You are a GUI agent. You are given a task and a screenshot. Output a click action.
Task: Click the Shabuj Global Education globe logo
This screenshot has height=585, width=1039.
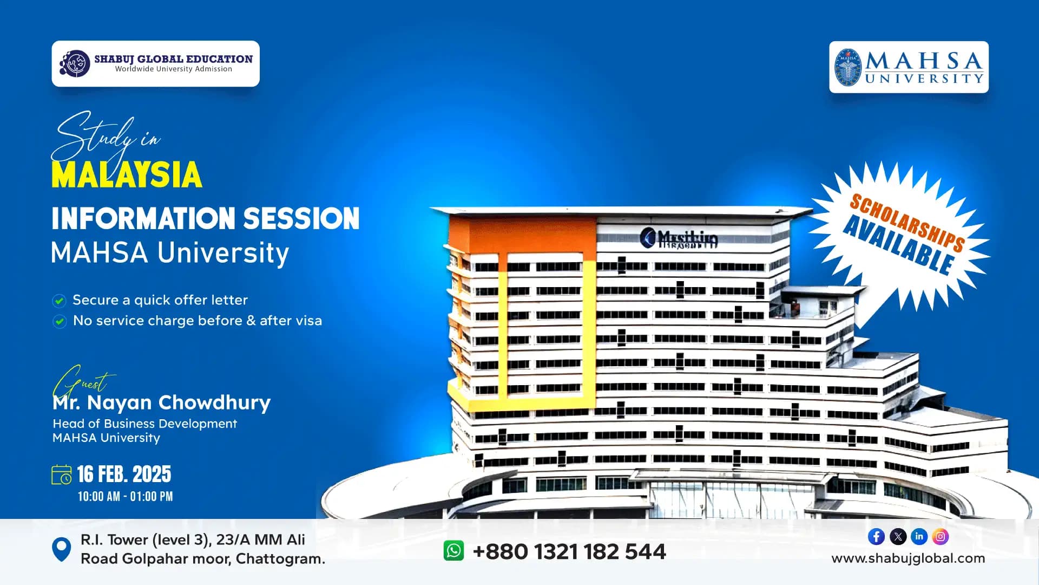coord(75,64)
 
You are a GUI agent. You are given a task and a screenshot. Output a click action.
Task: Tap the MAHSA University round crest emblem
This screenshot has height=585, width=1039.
coord(847,68)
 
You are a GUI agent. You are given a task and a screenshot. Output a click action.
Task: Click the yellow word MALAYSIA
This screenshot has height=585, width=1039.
coord(127,175)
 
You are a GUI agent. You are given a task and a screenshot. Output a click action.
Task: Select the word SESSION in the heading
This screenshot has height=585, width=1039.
coord(301,218)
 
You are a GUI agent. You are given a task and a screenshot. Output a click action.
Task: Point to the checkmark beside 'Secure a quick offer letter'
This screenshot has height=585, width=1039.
coord(59,301)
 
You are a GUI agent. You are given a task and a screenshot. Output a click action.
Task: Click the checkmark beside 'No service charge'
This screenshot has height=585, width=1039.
coord(59,321)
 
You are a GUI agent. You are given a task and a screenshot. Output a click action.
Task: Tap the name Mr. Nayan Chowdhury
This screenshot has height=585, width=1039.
coord(162,402)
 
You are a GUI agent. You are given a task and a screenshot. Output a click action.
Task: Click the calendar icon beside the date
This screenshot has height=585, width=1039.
coord(61,474)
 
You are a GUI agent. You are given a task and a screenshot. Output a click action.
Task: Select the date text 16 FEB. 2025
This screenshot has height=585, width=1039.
coord(124,474)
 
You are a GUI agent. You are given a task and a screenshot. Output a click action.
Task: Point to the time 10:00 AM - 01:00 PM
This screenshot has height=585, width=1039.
coord(125,497)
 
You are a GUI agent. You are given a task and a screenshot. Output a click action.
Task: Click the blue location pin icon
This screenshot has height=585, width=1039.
coord(61,549)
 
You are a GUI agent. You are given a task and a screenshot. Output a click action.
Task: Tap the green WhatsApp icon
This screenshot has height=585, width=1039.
coord(453,551)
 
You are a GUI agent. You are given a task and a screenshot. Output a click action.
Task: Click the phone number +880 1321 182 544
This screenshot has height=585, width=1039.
coord(569,552)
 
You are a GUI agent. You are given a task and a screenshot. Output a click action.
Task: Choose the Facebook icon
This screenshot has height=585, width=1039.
coord(876,537)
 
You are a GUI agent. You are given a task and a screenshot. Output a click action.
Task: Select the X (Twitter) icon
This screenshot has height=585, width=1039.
coord(898,537)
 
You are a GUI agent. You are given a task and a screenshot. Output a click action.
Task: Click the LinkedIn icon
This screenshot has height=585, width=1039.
coord(919,537)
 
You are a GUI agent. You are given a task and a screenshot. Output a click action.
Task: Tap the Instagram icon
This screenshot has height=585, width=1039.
coord(941,537)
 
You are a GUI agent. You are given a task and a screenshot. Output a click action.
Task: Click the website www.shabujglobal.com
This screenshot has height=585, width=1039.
coord(908,558)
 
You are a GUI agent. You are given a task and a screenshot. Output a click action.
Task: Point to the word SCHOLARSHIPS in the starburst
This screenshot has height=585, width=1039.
coord(907,222)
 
